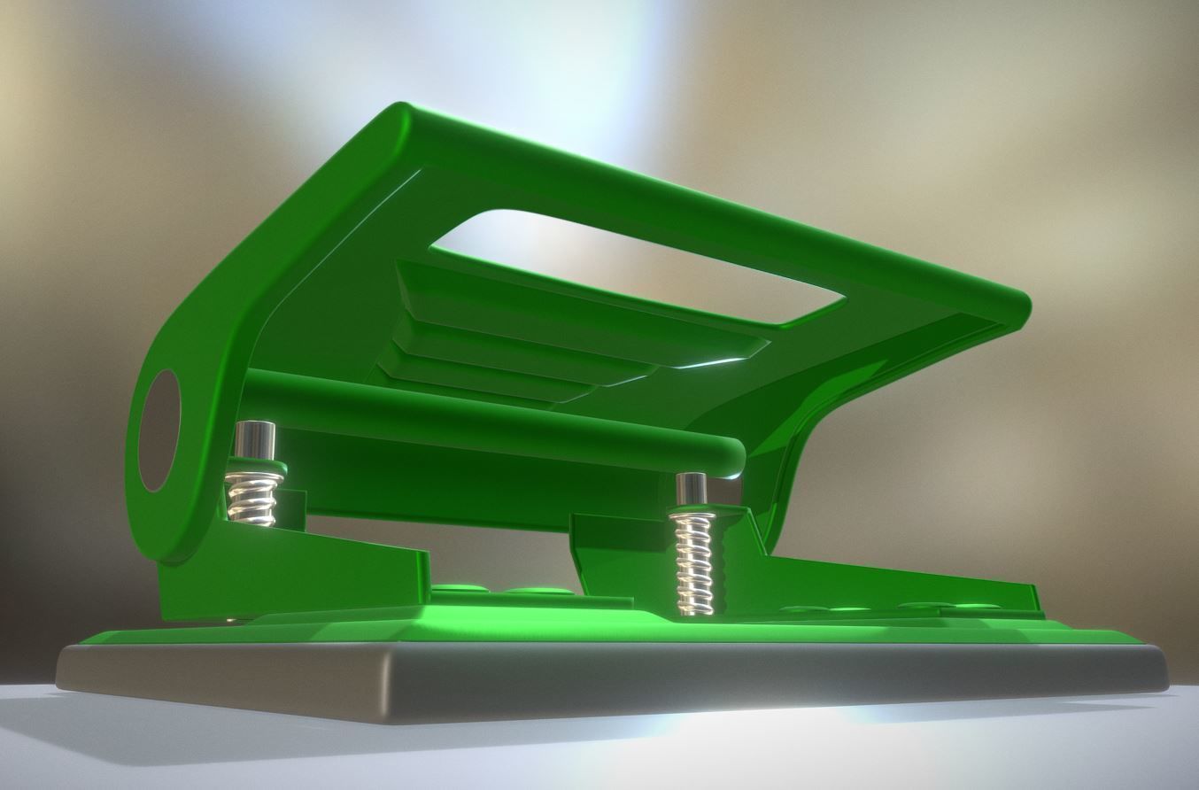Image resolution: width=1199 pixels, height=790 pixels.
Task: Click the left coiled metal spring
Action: coord(254,498)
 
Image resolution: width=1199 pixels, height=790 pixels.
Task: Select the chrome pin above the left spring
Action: coord(255,439)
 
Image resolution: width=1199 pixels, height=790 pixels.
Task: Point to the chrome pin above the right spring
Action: coord(691,491)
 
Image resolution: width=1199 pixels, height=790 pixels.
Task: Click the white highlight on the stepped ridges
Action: coord(708,363)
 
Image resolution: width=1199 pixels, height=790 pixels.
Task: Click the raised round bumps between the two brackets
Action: coord(505,589)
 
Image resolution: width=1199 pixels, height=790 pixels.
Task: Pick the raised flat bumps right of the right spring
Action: coord(886,609)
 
